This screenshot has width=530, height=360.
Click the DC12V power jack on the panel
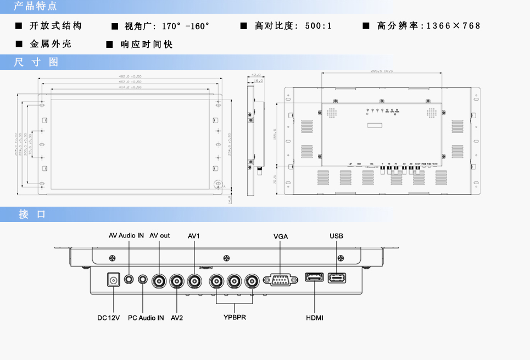coord(114,280)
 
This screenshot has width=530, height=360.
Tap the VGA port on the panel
coord(280,280)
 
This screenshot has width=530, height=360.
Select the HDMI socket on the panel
coord(314,278)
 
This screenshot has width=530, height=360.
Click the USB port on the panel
coord(337,278)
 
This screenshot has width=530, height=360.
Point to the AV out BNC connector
coord(160,281)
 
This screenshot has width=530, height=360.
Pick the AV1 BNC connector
coord(195,281)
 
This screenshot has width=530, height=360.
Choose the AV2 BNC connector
coord(177,281)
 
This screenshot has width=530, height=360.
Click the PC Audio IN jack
coord(143,279)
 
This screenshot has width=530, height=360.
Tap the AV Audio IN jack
coord(129,279)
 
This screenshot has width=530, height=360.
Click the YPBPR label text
coord(235,318)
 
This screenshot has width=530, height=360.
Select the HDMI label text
coord(315,318)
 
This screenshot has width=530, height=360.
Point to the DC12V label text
coord(108,318)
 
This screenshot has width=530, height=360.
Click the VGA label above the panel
coord(281,236)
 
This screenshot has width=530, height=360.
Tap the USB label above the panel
coord(337,236)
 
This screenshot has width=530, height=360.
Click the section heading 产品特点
coord(35,7)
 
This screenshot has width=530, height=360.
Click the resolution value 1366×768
coord(453,26)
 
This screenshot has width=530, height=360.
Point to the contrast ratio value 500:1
coord(318,26)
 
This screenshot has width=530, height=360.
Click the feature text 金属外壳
coord(51,44)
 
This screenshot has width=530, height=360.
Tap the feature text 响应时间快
coord(147,44)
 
